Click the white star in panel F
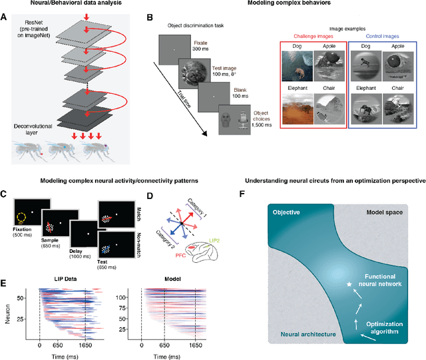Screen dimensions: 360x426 coord(349,285)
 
